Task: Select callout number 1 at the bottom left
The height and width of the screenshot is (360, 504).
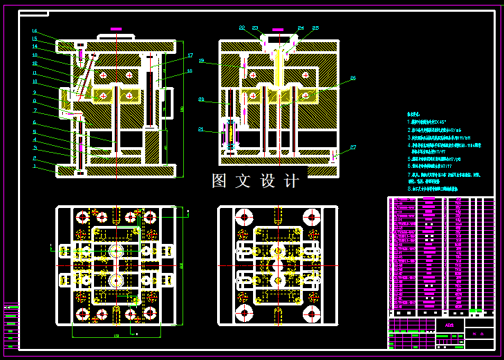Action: [35, 166]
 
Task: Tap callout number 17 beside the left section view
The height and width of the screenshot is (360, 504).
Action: [190, 56]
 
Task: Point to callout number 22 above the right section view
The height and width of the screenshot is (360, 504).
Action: [242, 28]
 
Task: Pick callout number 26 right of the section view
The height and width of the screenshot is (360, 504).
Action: [353, 78]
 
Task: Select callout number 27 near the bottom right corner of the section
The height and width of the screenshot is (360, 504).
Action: [353, 147]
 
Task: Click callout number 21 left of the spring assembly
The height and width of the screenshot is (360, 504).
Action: [201, 129]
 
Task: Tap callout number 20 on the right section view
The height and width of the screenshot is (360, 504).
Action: [201, 100]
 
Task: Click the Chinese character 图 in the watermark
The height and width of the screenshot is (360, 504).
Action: [220, 181]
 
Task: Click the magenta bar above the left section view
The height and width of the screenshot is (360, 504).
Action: [115, 29]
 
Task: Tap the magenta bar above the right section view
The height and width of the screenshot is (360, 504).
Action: [277, 30]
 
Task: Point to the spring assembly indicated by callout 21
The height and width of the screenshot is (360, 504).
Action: [230, 135]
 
